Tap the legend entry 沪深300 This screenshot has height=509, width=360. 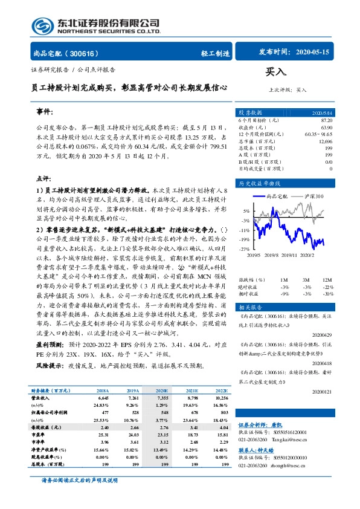pos(314,196)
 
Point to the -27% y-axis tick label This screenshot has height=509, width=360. pos(245,249)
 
